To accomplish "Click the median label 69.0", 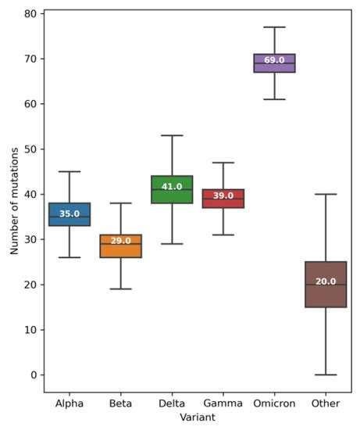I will [274, 60].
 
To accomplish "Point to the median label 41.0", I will [172, 187].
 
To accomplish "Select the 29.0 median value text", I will [121, 241].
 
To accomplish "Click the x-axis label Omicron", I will [274, 403].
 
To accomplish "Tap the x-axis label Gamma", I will [223, 403].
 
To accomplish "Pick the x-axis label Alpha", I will [70, 403].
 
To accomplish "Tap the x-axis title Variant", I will [197, 418].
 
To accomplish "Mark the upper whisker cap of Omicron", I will [274, 27].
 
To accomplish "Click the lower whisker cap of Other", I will [326, 374].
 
